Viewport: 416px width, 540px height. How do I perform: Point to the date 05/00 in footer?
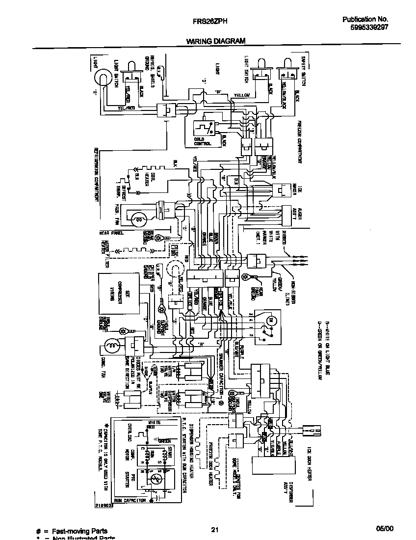coord(385,529)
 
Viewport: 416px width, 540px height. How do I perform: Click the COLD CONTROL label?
coord(203,142)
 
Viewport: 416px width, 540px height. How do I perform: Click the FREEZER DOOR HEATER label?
coord(210,461)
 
